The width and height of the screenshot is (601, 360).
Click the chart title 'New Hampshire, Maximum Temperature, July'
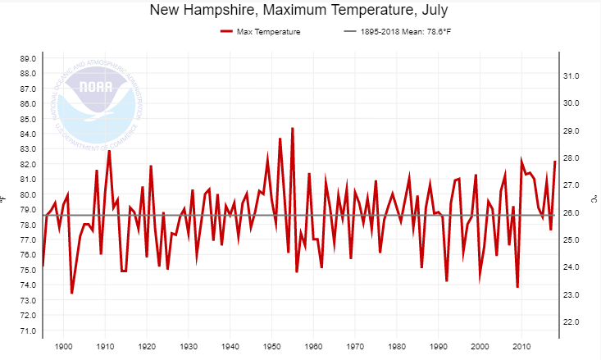300,11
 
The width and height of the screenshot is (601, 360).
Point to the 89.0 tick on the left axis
27,58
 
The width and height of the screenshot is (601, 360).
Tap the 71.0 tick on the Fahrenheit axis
27,331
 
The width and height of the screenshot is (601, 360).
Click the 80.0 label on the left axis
27,195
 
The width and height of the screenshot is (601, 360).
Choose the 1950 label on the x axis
271,348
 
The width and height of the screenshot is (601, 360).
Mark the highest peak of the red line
293,128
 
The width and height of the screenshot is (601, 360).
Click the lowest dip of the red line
72,293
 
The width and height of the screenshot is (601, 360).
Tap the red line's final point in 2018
555,162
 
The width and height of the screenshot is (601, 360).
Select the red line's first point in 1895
43,267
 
